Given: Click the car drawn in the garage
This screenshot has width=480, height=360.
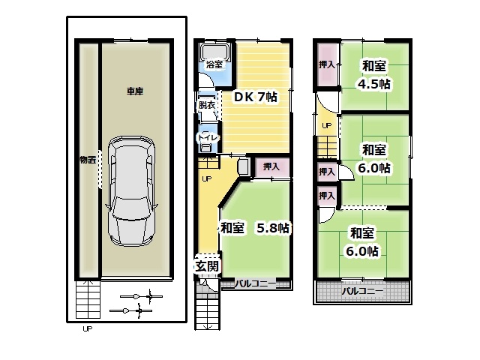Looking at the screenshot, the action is pyautogui.click(x=131, y=191).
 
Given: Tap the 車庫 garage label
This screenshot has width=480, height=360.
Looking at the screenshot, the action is pyautogui.click(x=135, y=91).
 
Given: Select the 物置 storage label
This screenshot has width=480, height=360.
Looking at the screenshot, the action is pyautogui.click(x=88, y=160).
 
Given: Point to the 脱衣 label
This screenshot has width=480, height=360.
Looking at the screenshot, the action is pyautogui.click(x=206, y=105).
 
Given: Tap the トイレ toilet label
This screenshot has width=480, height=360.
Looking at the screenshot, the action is pyautogui.click(x=208, y=137).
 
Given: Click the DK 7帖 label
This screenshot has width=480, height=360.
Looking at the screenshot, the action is pyautogui.click(x=255, y=97).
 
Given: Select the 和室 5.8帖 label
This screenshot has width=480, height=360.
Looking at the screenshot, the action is pyautogui.click(x=255, y=228).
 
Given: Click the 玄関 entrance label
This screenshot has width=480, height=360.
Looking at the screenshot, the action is pyautogui.click(x=207, y=266).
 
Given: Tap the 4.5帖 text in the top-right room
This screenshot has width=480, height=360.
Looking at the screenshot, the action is pyautogui.click(x=373, y=84).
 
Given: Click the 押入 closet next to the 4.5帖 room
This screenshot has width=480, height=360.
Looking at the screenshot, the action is pyautogui.click(x=327, y=64).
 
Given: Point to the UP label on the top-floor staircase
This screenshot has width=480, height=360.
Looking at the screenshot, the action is pyautogui.click(x=327, y=125).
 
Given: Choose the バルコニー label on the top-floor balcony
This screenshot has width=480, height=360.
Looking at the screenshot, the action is pyautogui.click(x=362, y=291).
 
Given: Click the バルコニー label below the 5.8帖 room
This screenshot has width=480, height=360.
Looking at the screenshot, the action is pyautogui.click(x=255, y=283).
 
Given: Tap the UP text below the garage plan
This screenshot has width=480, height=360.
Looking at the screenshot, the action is pyautogui.click(x=87, y=329).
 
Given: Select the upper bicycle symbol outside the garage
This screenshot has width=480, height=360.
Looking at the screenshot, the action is pyautogui.click(x=141, y=296).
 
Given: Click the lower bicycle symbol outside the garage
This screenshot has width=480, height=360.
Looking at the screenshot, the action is pyautogui.click(x=131, y=310).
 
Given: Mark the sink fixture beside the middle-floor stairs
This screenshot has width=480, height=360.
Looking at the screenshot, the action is pyautogui.click(x=244, y=166).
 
